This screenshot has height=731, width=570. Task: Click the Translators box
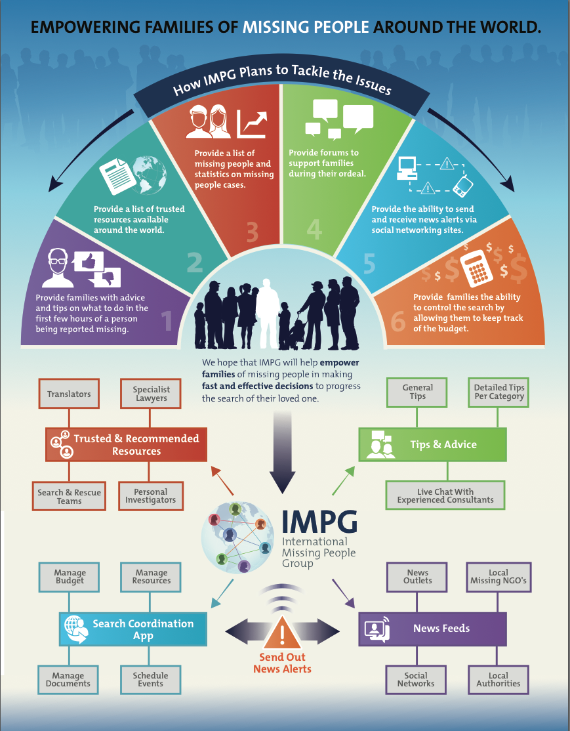tap(69, 394)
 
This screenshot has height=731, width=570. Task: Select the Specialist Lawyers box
tap(152, 394)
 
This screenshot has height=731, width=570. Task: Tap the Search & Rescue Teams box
tap(69, 496)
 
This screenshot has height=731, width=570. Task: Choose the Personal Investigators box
tap(150, 495)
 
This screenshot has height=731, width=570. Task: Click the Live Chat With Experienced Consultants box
tap(445, 495)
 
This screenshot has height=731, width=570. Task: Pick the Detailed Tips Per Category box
tap(499, 392)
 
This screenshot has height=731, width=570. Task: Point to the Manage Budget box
tap(70, 577)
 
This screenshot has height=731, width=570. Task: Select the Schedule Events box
tap(150, 679)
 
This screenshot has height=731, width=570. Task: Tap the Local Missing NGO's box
tap(499, 577)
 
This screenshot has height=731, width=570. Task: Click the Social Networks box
tap(416, 679)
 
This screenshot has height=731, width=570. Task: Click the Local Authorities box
tap(499, 679)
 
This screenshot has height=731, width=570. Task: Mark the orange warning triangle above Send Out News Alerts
tap(282, 633)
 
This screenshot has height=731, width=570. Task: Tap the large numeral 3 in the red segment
tap(253, 231)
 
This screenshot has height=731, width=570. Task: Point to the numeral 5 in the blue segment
tap(369, 263)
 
